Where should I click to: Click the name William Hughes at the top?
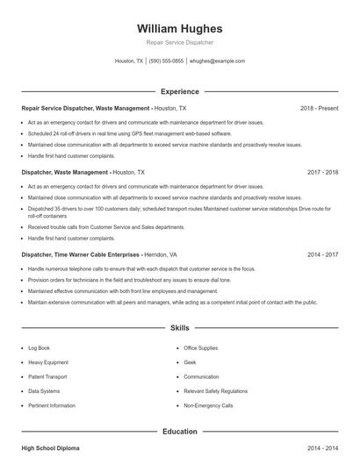(x=180, y=28)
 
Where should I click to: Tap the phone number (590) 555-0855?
(x=166, y=61)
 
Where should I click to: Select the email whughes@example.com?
(x=217, y=61)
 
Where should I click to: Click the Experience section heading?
(x=180, y=91)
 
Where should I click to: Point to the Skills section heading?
(x=180, y=328)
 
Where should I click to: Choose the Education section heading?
(x=180, y=432)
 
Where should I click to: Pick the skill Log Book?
(x=40, y=347)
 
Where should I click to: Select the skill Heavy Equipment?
(x=48, y=362)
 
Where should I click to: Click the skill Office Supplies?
(x=201, y=347)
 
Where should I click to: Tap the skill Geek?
(x=190, y=362)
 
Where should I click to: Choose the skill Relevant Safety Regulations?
(x=214, y=391)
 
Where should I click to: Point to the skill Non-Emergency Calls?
(x=208, y=406)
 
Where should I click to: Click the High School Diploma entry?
(x=50, y=448)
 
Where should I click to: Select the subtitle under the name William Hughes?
(x=180, y=43)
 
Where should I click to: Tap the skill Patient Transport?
(x=47, y=377)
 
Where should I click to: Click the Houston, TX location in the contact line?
(x=129, y=61)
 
